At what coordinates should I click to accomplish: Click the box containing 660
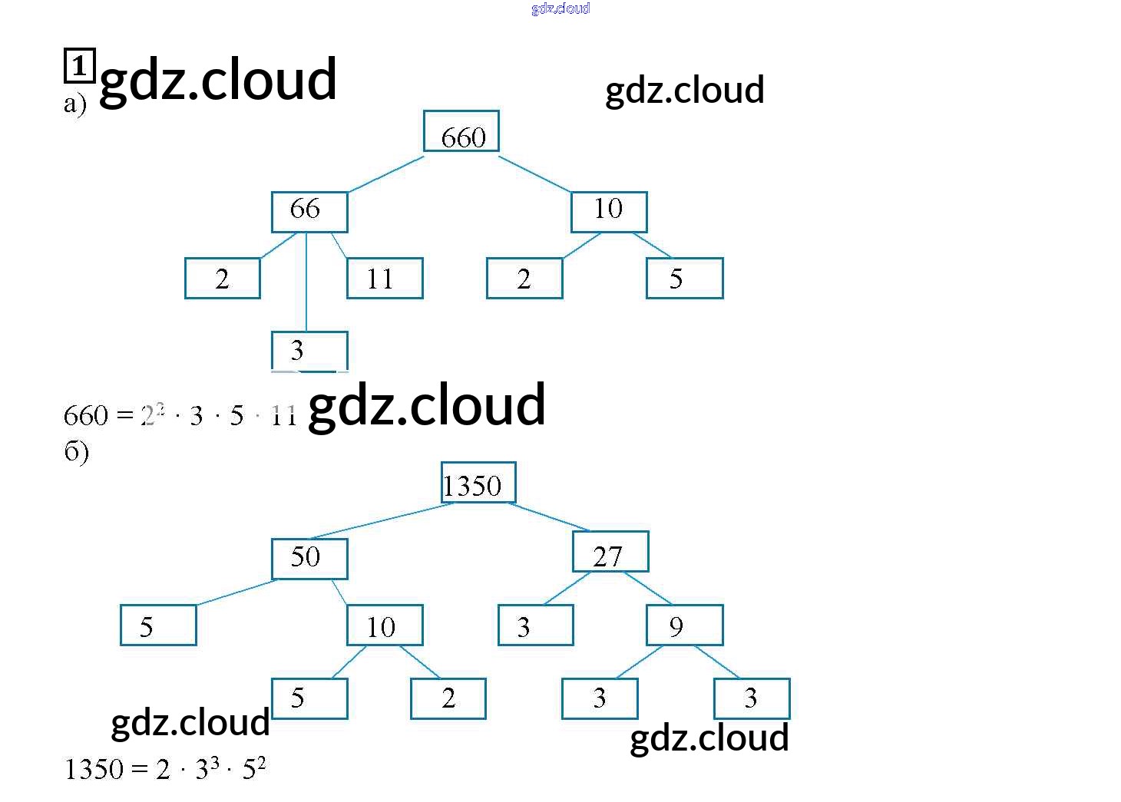(x=461, y=131)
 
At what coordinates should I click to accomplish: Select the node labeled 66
(x=309, y=212)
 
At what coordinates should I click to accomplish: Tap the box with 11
(x=385, y=278)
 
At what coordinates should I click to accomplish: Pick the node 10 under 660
(x=609, y=212)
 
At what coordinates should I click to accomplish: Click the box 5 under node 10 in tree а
(x=684, y=278)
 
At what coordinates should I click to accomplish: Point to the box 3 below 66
(x=309, y=351)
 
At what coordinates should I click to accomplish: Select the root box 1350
(x=478, y=484)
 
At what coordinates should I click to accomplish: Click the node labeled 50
(x=309, y=559)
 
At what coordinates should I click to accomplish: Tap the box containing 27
(x=610, y=552)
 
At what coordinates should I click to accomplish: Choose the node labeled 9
(x=684, y=625)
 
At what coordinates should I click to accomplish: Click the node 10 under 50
(x=385, y=625)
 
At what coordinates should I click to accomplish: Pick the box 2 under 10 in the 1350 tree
(x=448, y=698)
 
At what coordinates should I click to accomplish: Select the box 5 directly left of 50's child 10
(x=158, y=625)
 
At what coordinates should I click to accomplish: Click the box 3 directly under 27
(x=535, y=625)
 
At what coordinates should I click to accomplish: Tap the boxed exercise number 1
(x=78, y=66)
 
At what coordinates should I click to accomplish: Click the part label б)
(x=76, y=451)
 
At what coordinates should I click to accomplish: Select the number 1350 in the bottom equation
(x=94, y=769)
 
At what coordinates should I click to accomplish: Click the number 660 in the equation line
(x=86, y=416)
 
